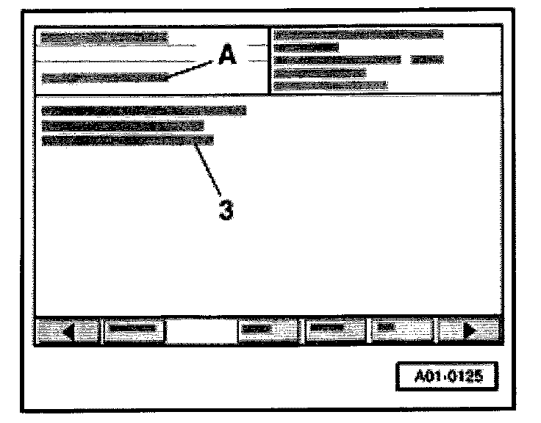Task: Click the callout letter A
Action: tap(227, 56)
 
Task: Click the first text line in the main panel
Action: tap(143, 111)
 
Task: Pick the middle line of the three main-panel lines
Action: tap(122, 126)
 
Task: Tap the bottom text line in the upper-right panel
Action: tap(330, 85)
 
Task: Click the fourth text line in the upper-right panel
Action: tap(320, 73)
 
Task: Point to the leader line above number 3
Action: tap(209, 168)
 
